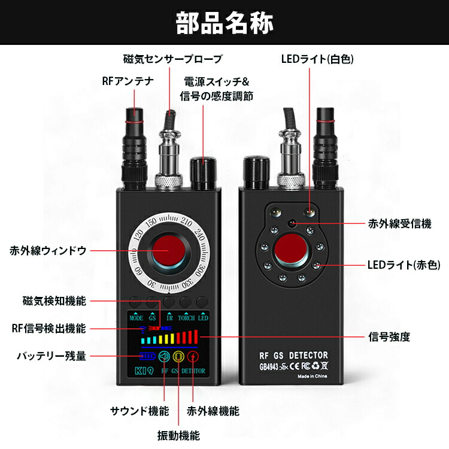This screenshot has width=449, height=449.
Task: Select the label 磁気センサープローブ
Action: tap(172, 59)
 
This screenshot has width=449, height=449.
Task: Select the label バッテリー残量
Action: tap(51, 356)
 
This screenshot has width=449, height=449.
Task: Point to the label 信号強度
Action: tap(389, 336)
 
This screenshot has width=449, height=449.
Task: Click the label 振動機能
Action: tap(180, 435)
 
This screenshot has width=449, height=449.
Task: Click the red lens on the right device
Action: tap(292, 250)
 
